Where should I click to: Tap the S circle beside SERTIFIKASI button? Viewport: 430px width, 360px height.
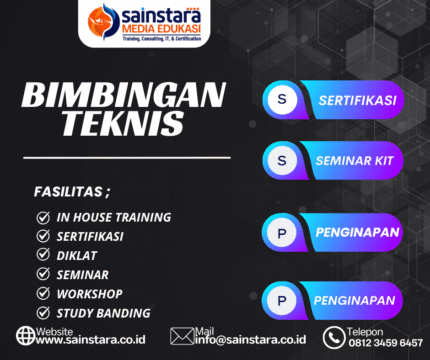tap(282, 100)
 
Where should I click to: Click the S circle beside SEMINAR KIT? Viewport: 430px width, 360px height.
tap(282, 160)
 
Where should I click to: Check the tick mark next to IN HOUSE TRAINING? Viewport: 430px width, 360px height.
tap(43, 217)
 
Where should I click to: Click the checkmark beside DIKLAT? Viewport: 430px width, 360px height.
tap(43, 255)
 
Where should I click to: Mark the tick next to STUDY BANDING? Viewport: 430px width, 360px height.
tap(43, 312)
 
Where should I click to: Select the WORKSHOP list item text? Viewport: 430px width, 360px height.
tap(89, 293)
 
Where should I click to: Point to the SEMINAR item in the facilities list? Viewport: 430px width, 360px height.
tap(84, 274)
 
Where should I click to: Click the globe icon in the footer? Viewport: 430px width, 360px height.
tap(25, 336)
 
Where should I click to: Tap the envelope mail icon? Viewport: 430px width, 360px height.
tap(181, 336)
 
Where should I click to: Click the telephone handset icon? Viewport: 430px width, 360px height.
tap(333, 336)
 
